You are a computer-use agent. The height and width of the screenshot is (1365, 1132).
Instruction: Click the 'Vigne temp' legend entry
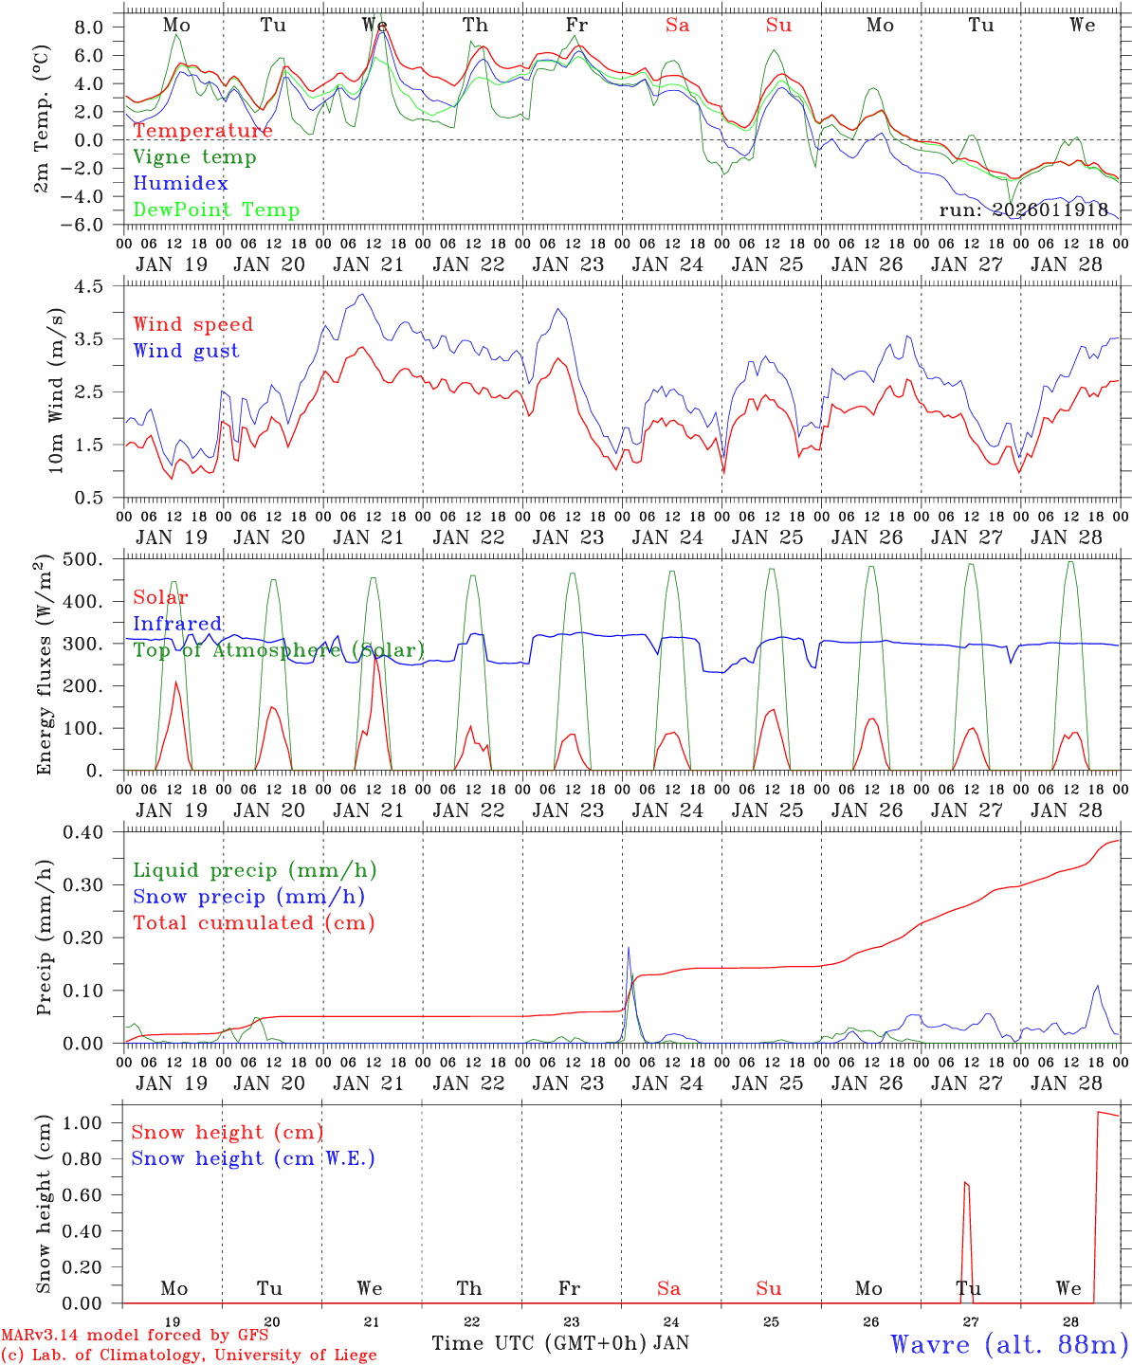pos(194,157)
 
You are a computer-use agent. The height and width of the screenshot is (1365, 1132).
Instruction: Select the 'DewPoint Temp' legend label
pos(216,210)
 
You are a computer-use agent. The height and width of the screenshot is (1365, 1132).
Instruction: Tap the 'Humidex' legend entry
pos(180,184)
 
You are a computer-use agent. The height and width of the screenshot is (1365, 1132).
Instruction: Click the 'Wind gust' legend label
pos(186,351)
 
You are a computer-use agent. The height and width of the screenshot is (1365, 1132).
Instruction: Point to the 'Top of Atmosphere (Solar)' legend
pos(279,650)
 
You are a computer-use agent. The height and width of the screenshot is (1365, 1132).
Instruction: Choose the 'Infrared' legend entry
pos(177,624)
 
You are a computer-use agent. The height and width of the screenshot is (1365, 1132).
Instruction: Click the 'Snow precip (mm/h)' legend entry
pos(248,897)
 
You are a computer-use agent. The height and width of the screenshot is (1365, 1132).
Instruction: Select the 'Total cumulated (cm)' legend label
pos(253,923)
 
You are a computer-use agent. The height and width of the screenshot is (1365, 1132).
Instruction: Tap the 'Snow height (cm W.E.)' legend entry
pos(253,1158)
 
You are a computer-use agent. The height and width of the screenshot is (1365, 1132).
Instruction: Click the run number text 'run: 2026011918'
pos(1023,210)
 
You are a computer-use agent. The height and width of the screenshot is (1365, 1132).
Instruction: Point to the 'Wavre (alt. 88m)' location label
pos(1009,1344)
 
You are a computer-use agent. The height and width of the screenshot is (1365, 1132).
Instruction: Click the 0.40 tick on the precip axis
pos(93,832)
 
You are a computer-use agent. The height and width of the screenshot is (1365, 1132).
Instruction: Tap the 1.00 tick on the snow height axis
pos(93,1123)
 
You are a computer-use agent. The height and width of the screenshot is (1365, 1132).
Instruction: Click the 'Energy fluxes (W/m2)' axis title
pos(44,666)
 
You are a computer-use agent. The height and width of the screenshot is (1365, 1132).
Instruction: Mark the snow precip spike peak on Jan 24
pos(628,947)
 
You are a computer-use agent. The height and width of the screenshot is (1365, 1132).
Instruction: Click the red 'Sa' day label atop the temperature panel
pos(677,26)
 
